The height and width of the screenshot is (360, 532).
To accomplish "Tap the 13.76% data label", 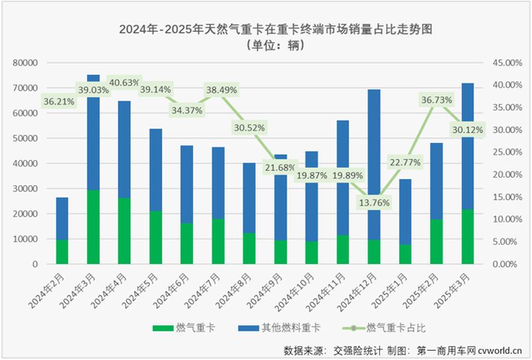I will coord(374,202).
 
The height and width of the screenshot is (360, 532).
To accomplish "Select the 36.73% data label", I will coord(436,100).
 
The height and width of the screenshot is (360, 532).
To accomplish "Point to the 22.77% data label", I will coord(406,162).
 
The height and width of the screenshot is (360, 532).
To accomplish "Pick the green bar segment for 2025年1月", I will coord(405,254).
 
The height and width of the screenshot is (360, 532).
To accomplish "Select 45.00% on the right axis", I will coord(499,63).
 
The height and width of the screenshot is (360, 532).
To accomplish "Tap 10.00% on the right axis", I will coord(499,219).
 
